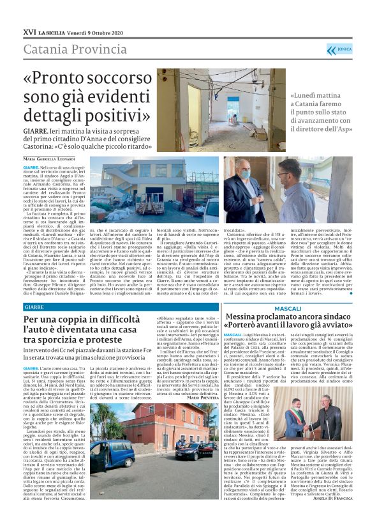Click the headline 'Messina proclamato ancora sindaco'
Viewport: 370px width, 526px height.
pos(288,319)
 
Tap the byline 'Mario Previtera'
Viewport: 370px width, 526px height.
pos(203,398)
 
